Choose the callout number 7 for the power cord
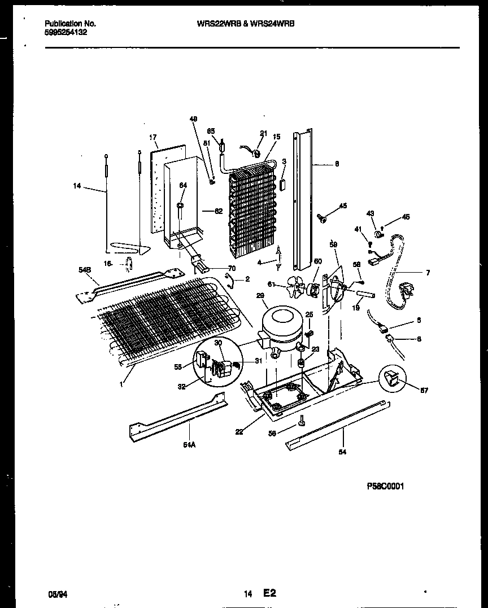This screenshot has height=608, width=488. (x=428, y=273)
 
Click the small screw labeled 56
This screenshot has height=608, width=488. (x=303, y=421)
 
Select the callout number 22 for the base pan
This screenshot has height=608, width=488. (x=239, y=432)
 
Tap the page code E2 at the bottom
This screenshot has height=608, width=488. (x=269, y=593)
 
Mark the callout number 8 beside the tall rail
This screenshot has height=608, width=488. (x=337, y=164)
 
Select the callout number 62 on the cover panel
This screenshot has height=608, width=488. (x=219, y=211)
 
